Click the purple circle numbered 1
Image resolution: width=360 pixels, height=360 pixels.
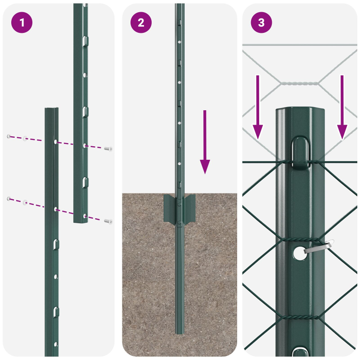click(21, 22)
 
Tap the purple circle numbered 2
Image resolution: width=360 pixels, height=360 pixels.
click(141, 22)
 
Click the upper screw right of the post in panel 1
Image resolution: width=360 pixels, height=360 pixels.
click(108, 148)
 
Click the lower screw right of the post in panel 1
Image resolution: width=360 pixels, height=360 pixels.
click(108, 221)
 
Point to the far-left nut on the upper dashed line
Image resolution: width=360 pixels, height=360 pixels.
click(9, 136)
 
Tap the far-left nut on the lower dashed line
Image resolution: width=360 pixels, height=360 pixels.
click(9, 198)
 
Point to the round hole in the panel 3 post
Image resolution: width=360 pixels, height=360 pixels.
click(298, 253)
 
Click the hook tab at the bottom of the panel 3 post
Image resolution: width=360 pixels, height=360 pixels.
click(299, 352)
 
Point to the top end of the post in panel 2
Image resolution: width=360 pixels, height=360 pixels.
click(180, 5)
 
